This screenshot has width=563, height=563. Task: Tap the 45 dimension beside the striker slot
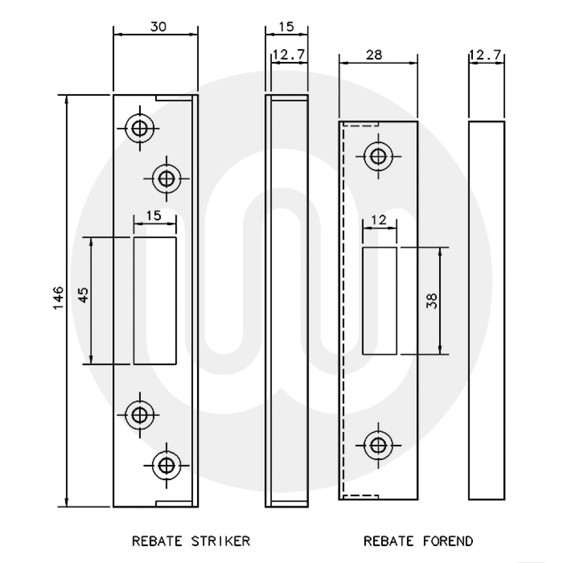(83, 296)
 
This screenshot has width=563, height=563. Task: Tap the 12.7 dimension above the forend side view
(485, 55)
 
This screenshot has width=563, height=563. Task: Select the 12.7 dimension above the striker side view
(289, 55)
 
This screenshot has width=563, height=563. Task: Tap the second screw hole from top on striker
(166, 178)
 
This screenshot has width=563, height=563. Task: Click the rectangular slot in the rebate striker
(155, 301)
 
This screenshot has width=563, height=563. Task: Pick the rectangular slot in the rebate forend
(379, 300)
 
